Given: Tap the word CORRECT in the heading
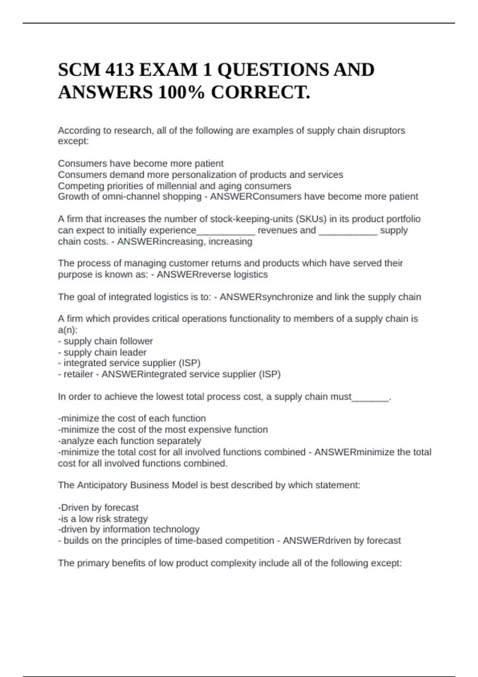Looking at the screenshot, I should (x=259, y=93).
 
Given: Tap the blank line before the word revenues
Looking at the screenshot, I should (x=225, y=231).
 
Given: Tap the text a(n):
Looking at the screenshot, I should (x=68, y=330).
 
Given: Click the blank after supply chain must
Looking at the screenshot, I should (x=370, y=397).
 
